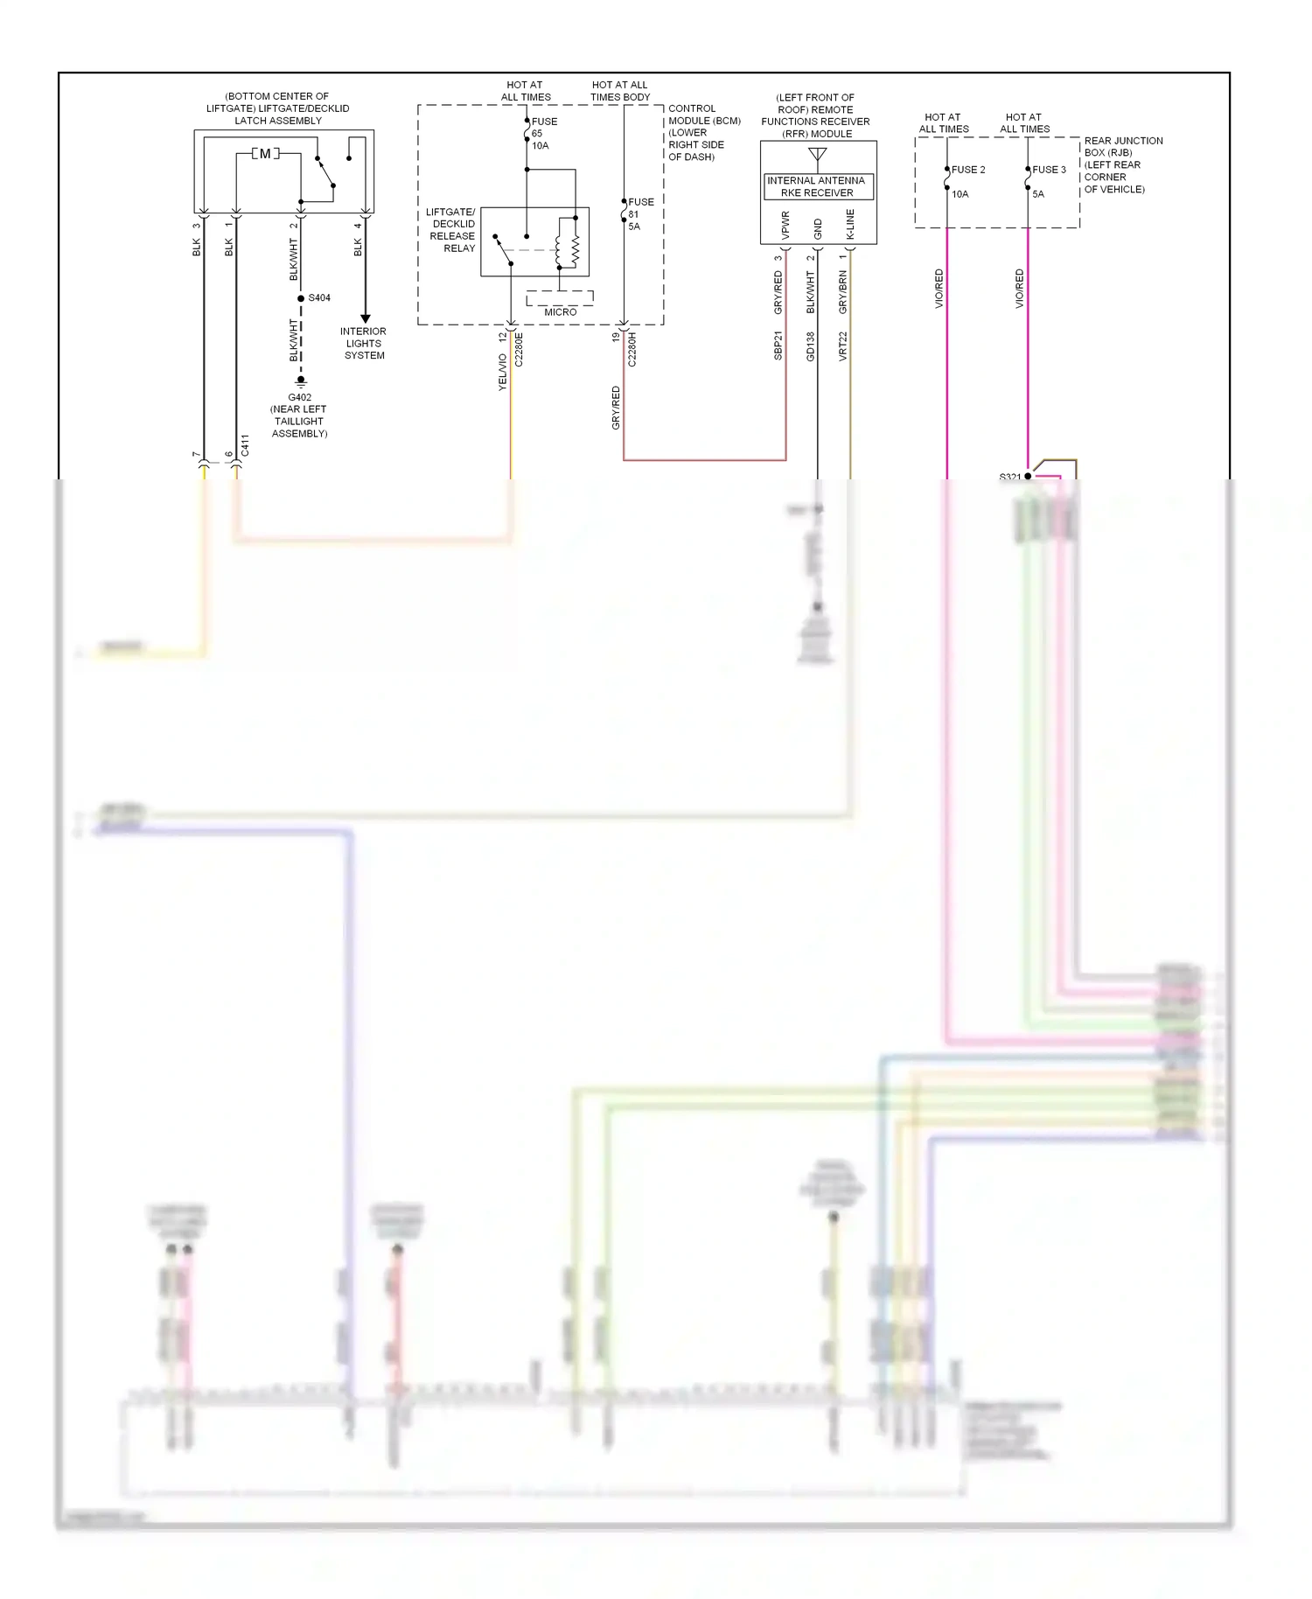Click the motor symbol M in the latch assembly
pyautogui.click(x=265, y=154)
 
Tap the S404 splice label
pyautogui.click(x=319, y=298)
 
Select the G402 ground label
pyautogui.click(x=300, y=397)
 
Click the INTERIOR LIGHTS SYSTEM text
pyautogui.click(x=364, y=343)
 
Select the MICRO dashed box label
pyautogui.click(x=560, y=311)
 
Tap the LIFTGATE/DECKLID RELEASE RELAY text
pyautogui.click(x=452, y=230)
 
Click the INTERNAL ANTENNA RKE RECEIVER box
pyautogui.click(x=816, y=186)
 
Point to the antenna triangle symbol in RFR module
pyautogui.click(x=818, y=156)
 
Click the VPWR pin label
pyautogui.click(x=785, y=226)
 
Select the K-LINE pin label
pyautogui.click(x=850, y=225)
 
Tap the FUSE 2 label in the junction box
pyautogui.click(x=967, y=170)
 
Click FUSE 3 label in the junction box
pyautogui.click(x=1048, y=170)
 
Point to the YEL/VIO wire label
pyautogui.click(x=503, y=372)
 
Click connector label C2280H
pyautogui.click(x=632, y=348)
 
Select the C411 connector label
pyautogui.click(x=245, y=445)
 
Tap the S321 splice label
pyautogui.click(x=1009, y=477)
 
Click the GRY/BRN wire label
pyautogui.click(x=843, y=292)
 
